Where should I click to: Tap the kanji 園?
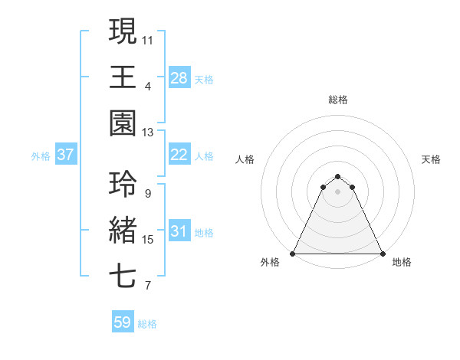123,123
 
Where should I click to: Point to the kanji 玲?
123,184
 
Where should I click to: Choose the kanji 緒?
123,231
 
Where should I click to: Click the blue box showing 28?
179,77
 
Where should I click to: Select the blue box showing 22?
179,155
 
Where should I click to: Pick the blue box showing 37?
66,155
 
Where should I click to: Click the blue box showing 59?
122,322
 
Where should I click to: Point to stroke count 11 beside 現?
148,39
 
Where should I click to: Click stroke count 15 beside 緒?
148,240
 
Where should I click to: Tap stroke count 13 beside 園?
148,133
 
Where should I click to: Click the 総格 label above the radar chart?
337,100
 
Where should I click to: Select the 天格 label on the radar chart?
432,159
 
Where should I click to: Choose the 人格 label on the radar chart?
245,159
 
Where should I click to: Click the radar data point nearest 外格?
293,253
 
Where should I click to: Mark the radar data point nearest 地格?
382,253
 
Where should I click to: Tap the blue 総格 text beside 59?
148,324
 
